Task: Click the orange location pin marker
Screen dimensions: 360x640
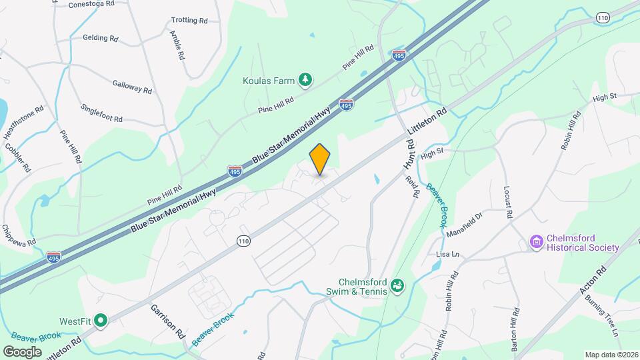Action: [x=320, y=159]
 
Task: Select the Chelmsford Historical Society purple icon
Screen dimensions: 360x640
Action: [x=537, y=242]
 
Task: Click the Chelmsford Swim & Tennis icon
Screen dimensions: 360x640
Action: [x=397, y=285]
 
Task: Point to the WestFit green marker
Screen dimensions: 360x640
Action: [x=101, y=321]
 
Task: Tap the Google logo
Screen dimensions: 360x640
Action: [x=23, y=351]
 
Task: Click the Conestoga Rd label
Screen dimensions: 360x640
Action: [x=93, y=3]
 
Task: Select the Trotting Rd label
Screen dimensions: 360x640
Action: [x=189, y=21]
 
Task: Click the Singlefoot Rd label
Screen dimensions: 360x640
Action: [x=101, y=113]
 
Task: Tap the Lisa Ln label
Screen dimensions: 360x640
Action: [x=447, y=255]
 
